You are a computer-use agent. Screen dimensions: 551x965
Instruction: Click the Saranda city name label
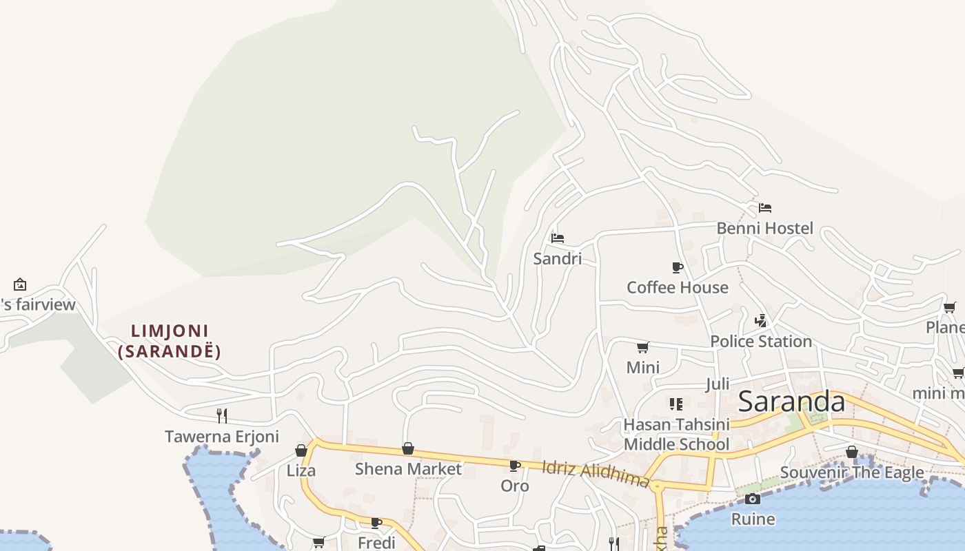(x=791, y=402)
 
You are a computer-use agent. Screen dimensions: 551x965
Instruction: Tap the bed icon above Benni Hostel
(x=765, y=207)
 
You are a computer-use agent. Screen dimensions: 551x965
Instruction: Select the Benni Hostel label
(x=765, y=228)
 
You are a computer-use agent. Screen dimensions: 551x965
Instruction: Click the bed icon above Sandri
(x=558, y=238)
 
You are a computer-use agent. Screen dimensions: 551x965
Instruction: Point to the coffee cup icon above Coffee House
(x=678, y=267)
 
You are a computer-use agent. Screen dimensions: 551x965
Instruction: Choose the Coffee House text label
(x=677, y=287)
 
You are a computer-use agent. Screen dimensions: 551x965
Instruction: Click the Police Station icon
(x=761, y=320)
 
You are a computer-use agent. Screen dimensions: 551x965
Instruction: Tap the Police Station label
(x=761, y=341)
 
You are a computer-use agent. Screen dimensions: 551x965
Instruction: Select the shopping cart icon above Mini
(x=642, y=347)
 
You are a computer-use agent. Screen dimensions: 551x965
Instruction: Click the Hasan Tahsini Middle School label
(x=675, y=435)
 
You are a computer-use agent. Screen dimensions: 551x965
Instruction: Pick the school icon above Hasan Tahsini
(x=675, y=404)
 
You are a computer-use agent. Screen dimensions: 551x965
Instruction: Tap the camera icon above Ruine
(x=753, y=499)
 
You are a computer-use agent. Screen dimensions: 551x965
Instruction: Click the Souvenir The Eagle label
(x=852, y=472)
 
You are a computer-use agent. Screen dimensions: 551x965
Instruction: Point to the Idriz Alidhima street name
(x=596, y=474)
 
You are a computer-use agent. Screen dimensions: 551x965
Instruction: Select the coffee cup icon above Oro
(x=515, y=466)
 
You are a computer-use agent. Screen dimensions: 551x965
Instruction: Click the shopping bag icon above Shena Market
(x=408, y=449)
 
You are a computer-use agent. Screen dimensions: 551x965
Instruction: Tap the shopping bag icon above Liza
(x=301, y=450)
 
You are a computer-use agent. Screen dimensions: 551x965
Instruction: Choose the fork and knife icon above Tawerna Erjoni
(x=222, y=415)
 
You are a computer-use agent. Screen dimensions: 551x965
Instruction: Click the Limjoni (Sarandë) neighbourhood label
(x=170, y=342)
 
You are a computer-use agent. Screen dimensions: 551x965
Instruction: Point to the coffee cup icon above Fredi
(x=376, y=523)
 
